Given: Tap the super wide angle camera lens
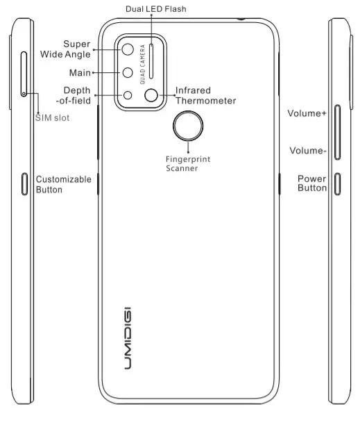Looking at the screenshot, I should [x=129, y=50].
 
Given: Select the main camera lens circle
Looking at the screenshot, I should [x=129, y=72].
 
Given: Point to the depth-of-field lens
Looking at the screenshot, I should [x=128, y=96].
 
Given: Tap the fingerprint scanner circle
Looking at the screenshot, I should [x=188, y=127].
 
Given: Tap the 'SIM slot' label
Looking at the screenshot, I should [x=52, y=118].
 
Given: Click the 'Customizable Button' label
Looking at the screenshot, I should [x=63, y=184].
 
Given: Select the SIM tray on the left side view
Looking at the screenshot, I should [x=24, y=72].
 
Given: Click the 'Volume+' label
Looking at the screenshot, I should [x=307, y=112].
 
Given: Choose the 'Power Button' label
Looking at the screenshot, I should [x=311, y=183].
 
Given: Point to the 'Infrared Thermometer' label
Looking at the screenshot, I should [x=205, y=96].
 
